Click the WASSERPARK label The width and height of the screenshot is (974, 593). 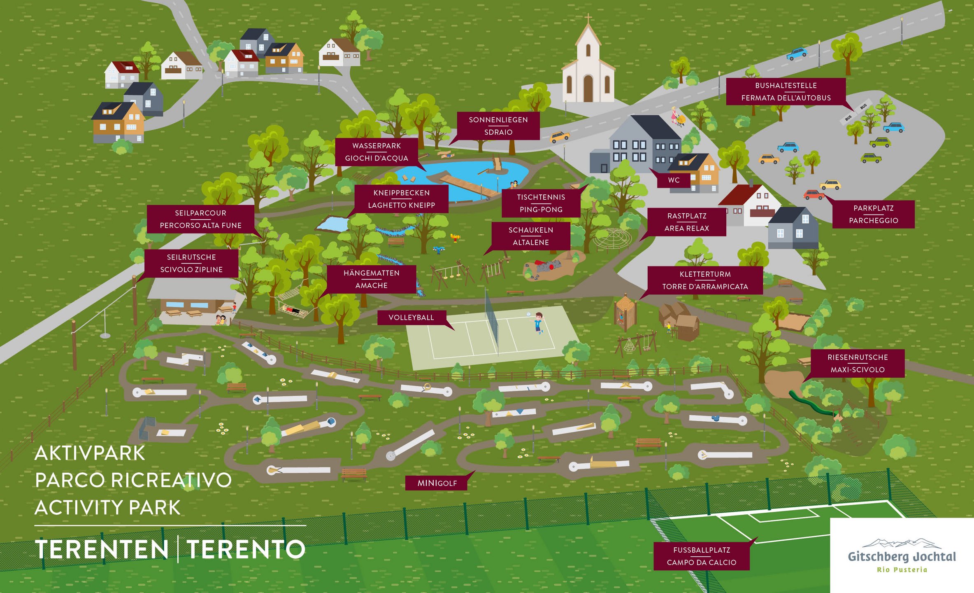tap(377, 152)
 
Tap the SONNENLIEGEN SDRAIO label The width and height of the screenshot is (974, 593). tap(498, 126)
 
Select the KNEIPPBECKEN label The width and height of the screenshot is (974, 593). tap(401, 199)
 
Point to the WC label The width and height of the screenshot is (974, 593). tap(674, 180)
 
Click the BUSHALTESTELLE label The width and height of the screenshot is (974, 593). tap(786, 91)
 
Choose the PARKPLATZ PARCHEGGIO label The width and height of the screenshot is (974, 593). tap(873, 214)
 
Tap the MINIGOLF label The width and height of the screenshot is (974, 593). tap(437, 483)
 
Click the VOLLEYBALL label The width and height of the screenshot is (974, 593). tap(411, 318)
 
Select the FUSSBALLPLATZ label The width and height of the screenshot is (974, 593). tap(701, 556)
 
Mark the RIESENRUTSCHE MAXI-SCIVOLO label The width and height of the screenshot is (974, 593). tap(858, 363)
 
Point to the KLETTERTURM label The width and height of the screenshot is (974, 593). tap(705, 280)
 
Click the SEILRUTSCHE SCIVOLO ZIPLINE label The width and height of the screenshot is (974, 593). tap(191, 263)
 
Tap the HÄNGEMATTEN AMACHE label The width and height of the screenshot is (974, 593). tap(371, 279)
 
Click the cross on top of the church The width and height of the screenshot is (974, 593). tap(588, 18)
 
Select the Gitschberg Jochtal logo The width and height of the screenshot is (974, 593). tap(902, 556)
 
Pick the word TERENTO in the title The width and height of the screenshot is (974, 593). tap(246, 549)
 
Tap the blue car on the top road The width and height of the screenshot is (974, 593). tap(797, 54)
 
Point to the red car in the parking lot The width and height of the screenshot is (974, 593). tap(814, 194)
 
